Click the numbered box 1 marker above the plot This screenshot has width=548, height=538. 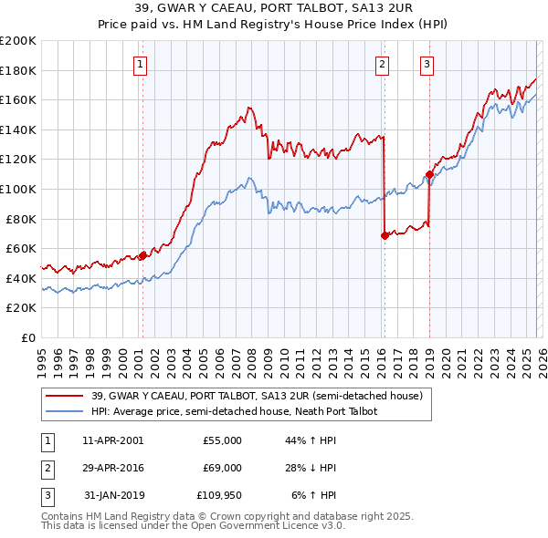click(x=142, y=64)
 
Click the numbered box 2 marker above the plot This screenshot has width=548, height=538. click(x=381, y=64)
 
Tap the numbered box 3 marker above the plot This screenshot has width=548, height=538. click(x=427, y=64)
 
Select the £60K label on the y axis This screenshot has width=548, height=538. click(x=21, y=248)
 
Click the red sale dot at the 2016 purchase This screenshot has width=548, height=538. click(x=384, y=235)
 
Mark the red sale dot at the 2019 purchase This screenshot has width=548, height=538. click(x=428, y=174)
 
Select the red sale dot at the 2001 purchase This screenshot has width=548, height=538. click(x=142, y=256)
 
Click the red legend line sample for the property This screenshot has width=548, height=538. click(x=65, y=397)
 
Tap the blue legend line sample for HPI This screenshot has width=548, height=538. click(x=65, y=412)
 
